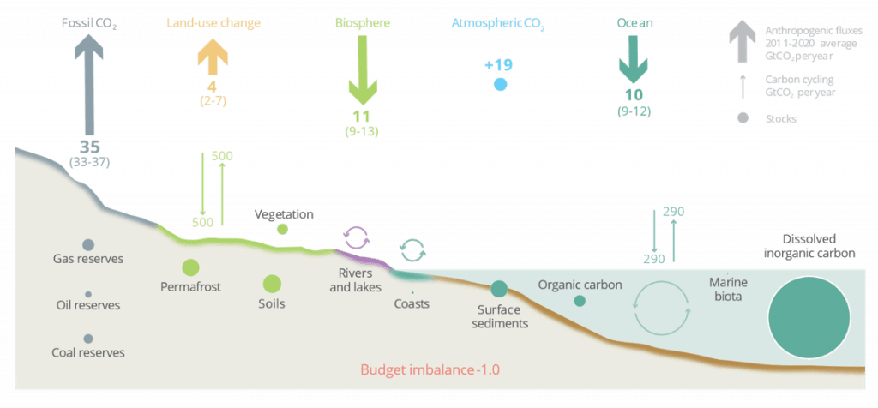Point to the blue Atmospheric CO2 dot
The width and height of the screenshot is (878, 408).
pyautogui.click(x=500, y=84)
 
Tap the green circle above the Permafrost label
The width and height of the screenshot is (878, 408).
pyautogui.click(x=190, y=267)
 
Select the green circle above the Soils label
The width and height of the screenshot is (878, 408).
pyautogui.click(x=272, y=284)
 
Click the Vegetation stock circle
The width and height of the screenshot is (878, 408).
pyautogui.click(x=282, y=229)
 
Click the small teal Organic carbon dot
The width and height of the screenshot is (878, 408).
pyautogui.click(x=580, y=301)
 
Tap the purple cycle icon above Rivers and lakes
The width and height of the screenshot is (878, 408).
pyautogui.click(x=355, y=237)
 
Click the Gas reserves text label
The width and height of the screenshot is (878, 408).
pyautogui.click(x=88, y=259)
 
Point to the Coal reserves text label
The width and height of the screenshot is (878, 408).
pyautogui.click(x=89, y=352)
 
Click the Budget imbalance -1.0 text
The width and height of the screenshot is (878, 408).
pyautogui.click(x=430, y=371)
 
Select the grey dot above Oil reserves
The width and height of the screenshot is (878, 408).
pyautogui.click(x=88, y=294)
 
